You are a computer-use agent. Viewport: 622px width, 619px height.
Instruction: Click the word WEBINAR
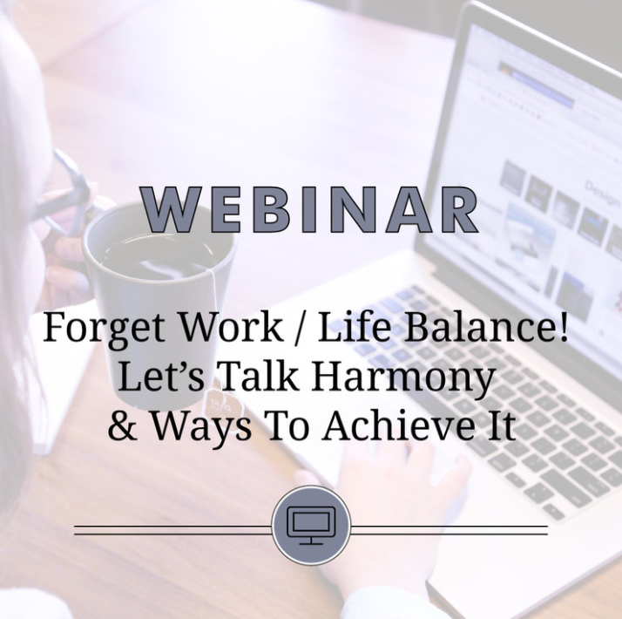310,210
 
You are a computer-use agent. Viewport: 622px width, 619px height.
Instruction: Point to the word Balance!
490,329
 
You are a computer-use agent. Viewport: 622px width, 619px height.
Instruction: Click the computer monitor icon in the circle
311,526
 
